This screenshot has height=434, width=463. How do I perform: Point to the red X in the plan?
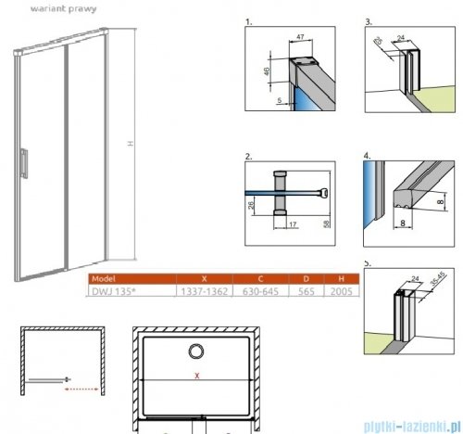pyautogui.click(x=195, y=376)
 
